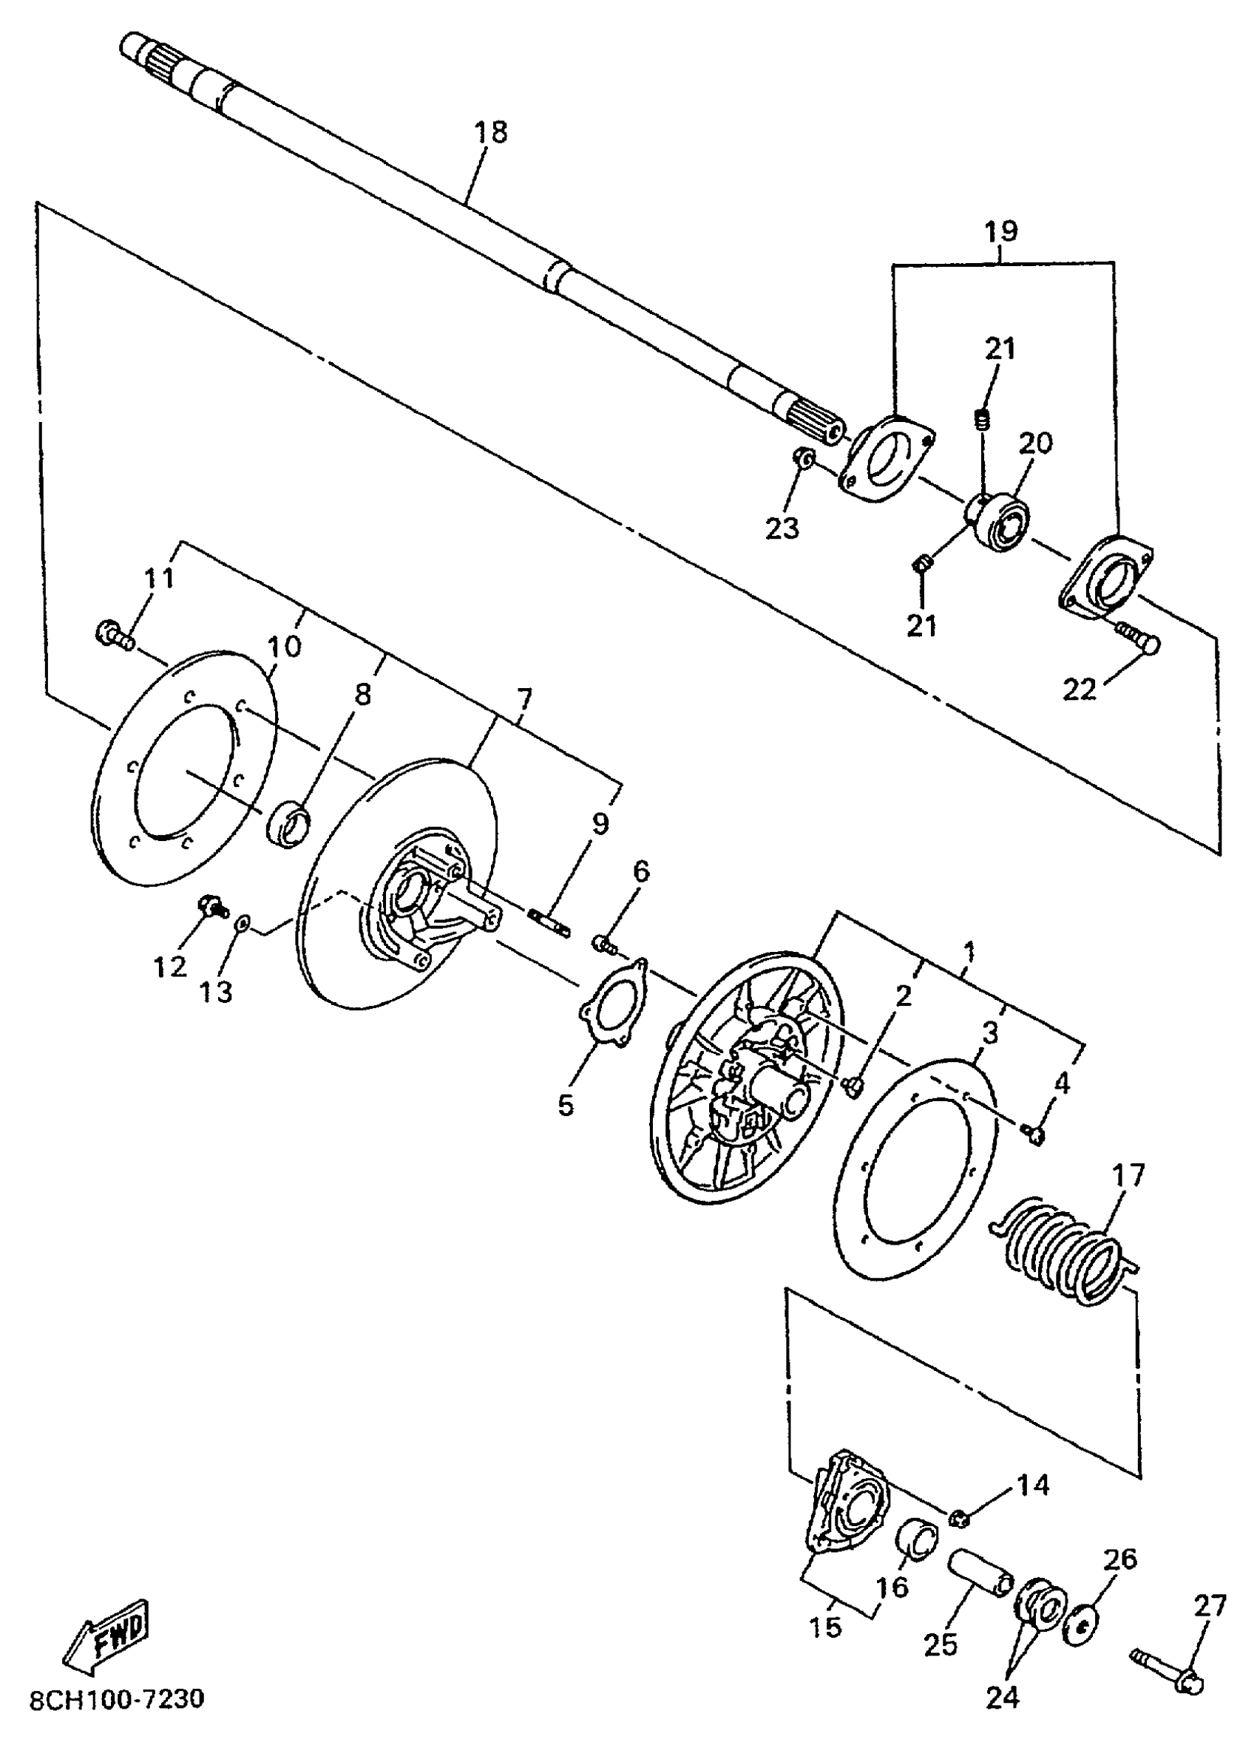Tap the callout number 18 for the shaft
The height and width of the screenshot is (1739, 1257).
491,132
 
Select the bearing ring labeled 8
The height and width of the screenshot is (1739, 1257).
289,823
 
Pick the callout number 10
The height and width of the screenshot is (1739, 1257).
284,646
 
